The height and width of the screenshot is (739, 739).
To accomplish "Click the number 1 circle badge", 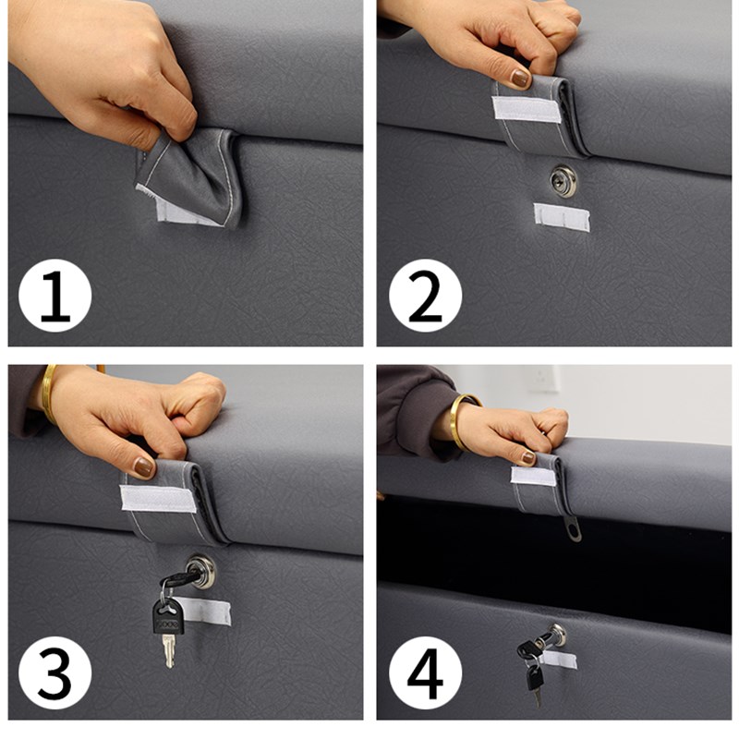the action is pos(55,295).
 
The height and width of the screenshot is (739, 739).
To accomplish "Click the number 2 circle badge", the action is pos(425,295).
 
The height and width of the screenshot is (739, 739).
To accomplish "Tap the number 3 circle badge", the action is pos(55,672).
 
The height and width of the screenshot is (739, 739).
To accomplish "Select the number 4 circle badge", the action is pos(425,672).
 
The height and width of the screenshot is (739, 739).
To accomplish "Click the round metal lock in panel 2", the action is pos(563,180).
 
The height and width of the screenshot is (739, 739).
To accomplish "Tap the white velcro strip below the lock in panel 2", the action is pos(562,217).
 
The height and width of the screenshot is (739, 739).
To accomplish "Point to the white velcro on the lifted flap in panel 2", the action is pos(527,109).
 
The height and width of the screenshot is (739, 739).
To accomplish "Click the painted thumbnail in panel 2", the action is pos(520,79).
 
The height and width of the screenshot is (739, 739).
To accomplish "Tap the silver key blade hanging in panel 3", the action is pos(169,651).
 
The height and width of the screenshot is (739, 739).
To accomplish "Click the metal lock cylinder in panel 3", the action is pos(201,571).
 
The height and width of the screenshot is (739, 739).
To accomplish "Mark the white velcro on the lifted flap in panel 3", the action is pos(158,499).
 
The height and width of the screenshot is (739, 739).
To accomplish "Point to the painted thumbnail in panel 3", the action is pos(144,467).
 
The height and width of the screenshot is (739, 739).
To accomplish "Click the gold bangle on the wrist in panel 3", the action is pos(49,394).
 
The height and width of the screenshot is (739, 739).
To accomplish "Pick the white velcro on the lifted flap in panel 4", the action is pos(534,476).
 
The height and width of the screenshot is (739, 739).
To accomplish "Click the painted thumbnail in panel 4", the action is pos(528,457).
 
